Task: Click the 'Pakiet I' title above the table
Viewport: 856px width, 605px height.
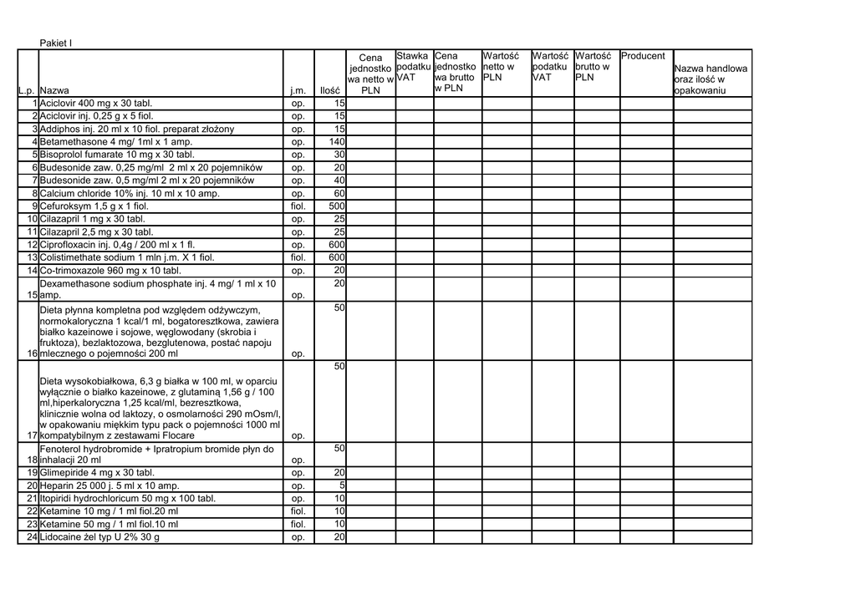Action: pyautogui.click(x=57, y=43)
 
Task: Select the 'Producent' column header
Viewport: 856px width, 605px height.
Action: pyautogui.click(x=643, y=56)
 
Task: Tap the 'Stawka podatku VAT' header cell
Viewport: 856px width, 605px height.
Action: pyautogui.click(x=413, y=66)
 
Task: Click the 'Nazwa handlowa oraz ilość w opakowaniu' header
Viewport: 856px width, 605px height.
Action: pyautogui.click(x=711, y=79)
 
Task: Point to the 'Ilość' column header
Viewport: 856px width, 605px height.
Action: pyautogui.click(x=330, y=90)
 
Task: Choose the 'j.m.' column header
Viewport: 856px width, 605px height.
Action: pyautogui.click(x=298, y=90)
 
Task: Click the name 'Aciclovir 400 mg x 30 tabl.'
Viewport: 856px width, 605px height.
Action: pyautogui.click(x=97, y=104)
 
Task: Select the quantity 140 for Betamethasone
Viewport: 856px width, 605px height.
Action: pyautogui.click(x=337, y=142)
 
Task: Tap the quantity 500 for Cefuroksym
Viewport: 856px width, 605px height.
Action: pyautogui.click(x=337, y=206)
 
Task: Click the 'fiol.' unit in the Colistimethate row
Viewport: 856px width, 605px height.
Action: pyautogui.click(x=298, y=257)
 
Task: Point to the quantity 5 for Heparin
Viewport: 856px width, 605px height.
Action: pyautogui.click(x=342, y=486)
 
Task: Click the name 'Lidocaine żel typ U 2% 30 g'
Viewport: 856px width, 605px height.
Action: pyautogui.click(x=99, y=537)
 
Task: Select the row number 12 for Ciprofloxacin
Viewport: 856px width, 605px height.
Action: pyautogui.click(x=33, y=245)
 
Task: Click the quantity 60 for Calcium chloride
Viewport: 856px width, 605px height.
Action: pyautogui.click(x=339, y=193)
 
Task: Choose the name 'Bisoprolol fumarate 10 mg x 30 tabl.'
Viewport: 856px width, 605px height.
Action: pyautogui.click(x=117, y=155)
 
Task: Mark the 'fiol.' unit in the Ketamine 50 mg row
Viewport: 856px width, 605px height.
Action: pyautogui.click(x=298, y=524)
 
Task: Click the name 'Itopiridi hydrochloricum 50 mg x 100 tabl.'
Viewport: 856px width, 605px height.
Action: pyautogui.click(x=128, y=499)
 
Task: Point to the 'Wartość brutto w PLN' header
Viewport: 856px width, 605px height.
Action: pyautogui.click(x=593, y=66)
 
